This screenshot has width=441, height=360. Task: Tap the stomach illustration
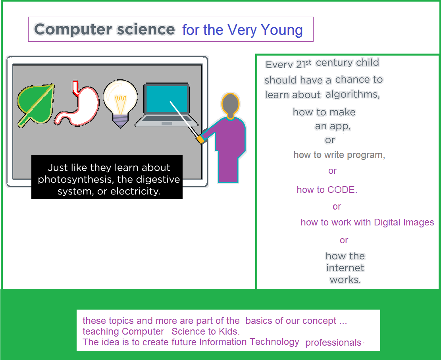pyautogui.click(x=79, y=104)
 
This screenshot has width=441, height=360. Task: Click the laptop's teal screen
pyautogui.click(x=166, y=99)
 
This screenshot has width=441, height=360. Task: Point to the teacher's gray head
pyautogui.click(x=231, y=106)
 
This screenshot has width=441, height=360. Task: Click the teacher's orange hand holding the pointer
pyautogui.click(x=200, y=139)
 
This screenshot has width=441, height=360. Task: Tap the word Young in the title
pyautogui.click(x=282, y=30)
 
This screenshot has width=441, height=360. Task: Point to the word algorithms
pyautogui.click(x=353, y=94)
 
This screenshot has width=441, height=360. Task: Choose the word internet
pyautogui.click(x=345, y=268)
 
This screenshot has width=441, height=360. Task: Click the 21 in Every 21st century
pyautogui.click(x=300, y=64)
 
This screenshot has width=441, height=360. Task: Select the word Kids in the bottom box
pyautogui.click(x=229, y=331)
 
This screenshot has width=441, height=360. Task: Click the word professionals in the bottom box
pyautogui.click(x=333, y=343)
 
